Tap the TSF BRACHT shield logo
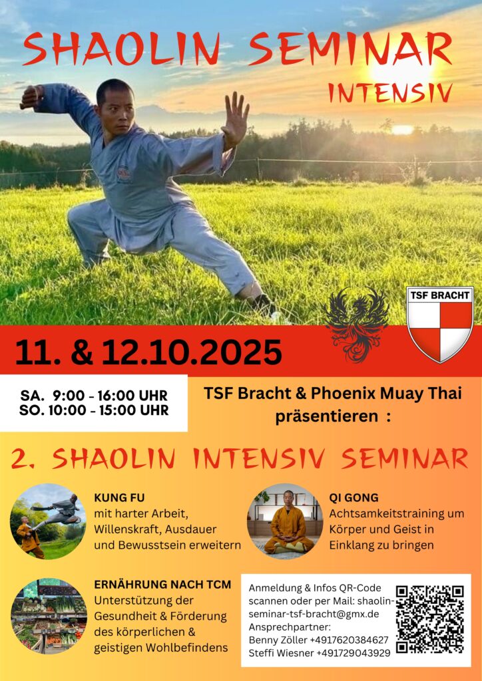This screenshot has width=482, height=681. pyautogui.click(x=440, y=324)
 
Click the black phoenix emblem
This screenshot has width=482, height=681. pyautogui.click(x=358, y=325)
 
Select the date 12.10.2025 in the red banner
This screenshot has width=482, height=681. pyautogui.click(x=192, y=352)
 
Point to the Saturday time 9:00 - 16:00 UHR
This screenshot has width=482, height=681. pyautogui.click(x=110, y=396)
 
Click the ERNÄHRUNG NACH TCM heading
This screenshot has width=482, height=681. pyautogui.click(x=162, y=585)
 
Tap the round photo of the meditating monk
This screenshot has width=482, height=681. pyautogui.click(x=285, y=521)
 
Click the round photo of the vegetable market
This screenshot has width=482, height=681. pyautogui.click(x=49, y=615)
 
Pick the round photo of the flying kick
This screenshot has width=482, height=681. pyautogui.click(x=48, y=521)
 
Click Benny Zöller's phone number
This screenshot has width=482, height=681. pyautogui.click(x=349, y=640)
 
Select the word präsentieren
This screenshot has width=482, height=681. pyautogui.click(x=327, y=416)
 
